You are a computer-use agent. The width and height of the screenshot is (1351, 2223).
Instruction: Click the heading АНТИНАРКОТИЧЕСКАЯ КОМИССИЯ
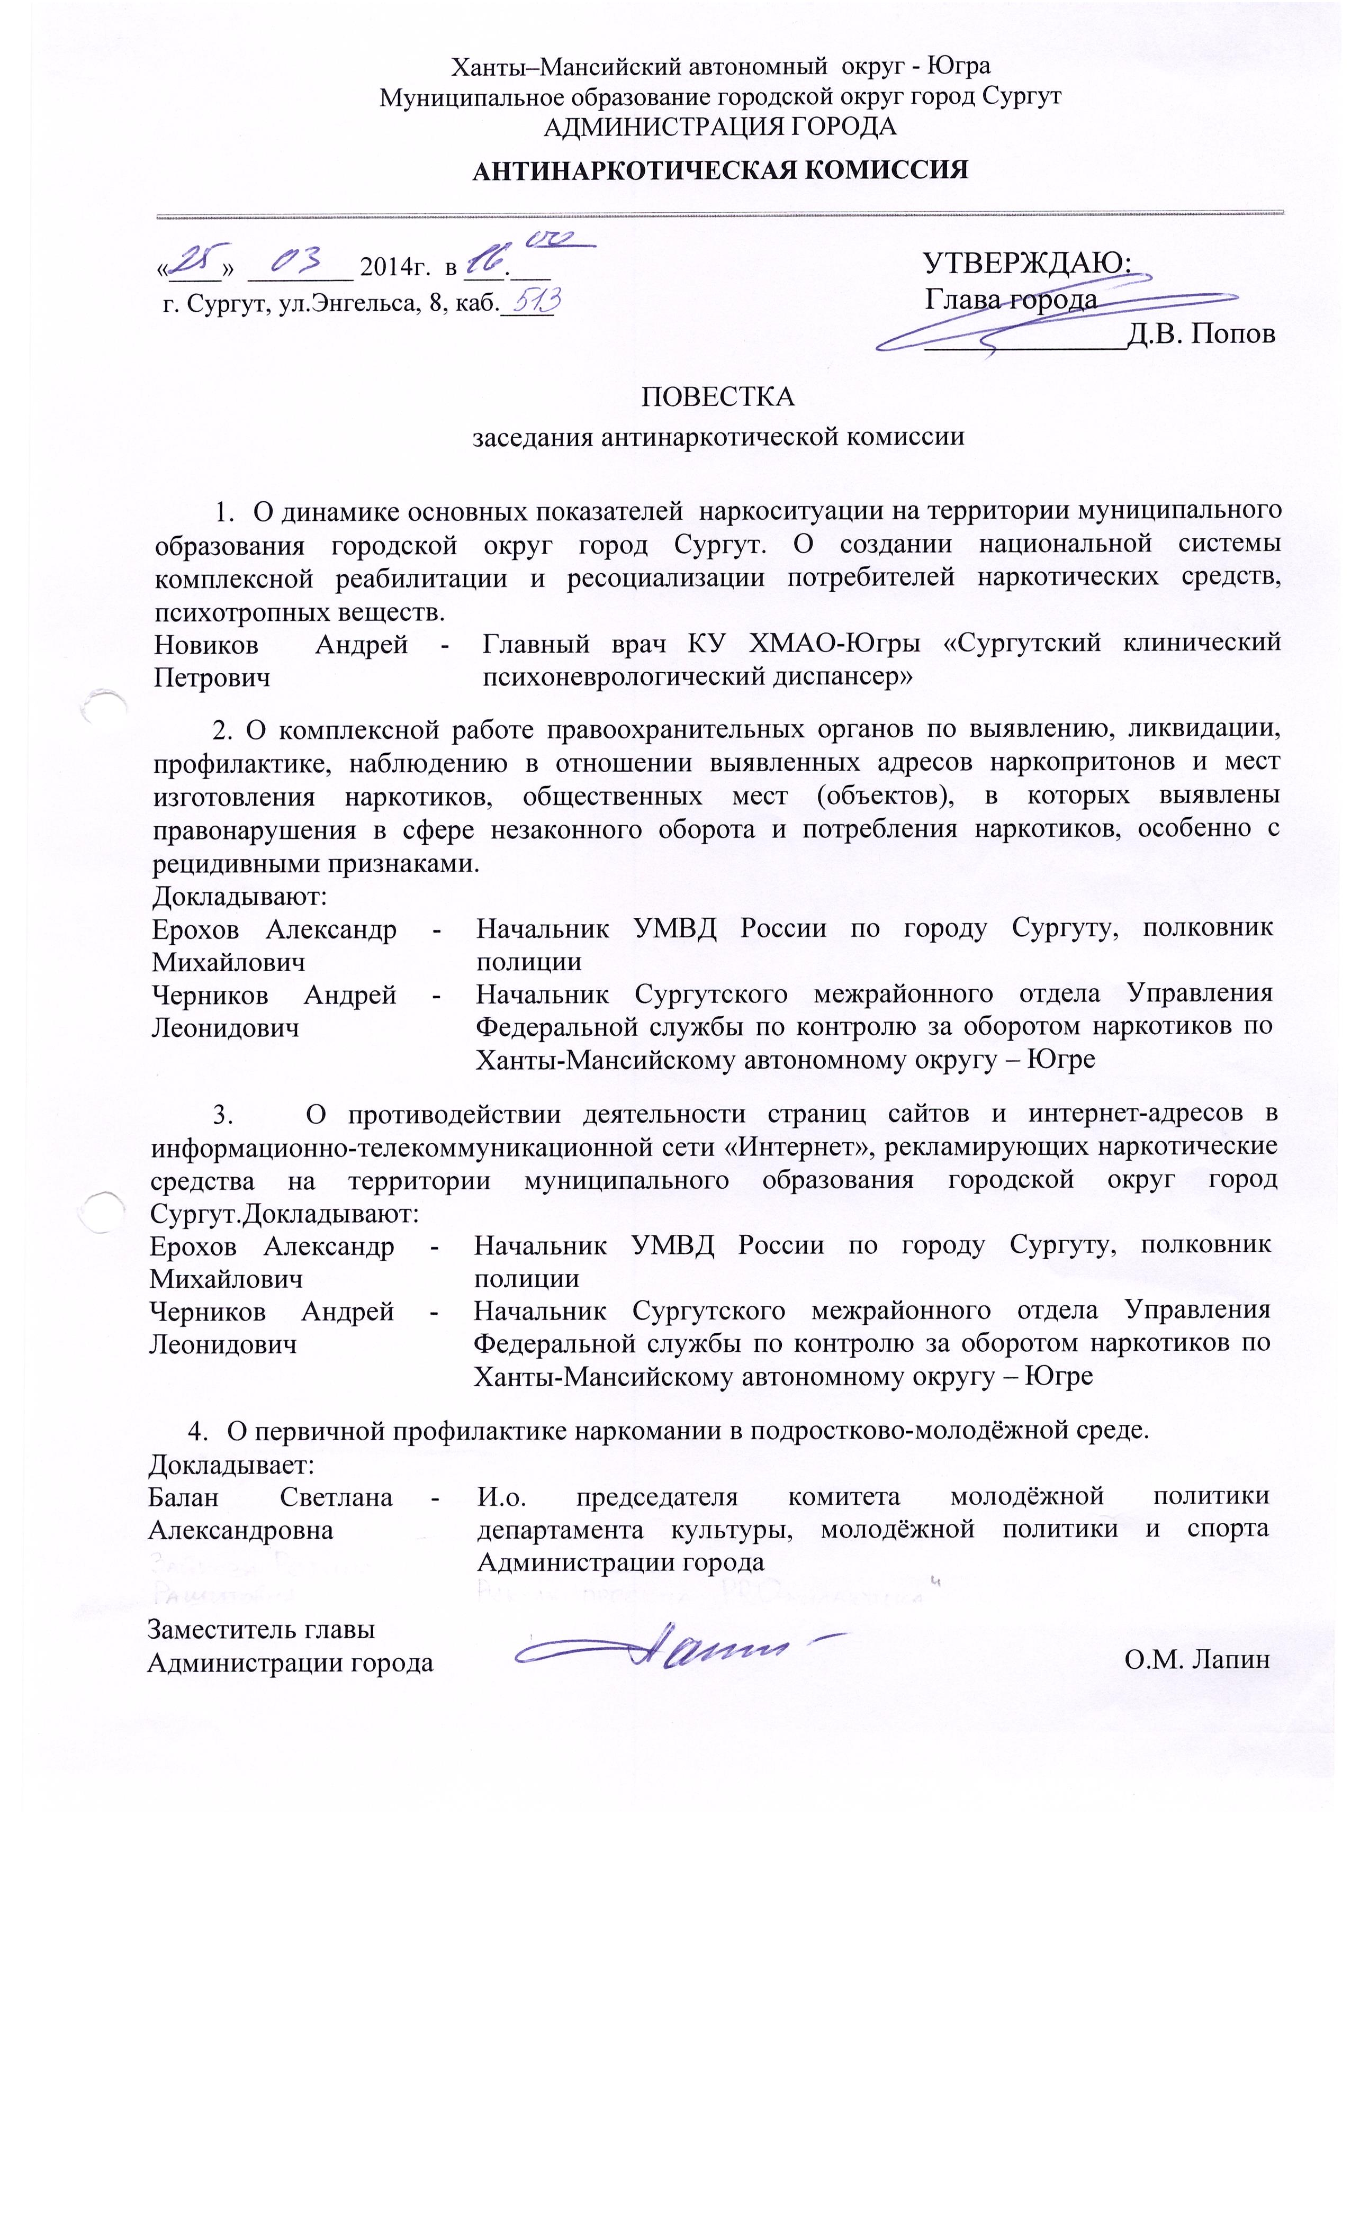coord(719,170)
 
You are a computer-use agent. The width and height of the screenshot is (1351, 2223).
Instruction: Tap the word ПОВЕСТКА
coord(717,397)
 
